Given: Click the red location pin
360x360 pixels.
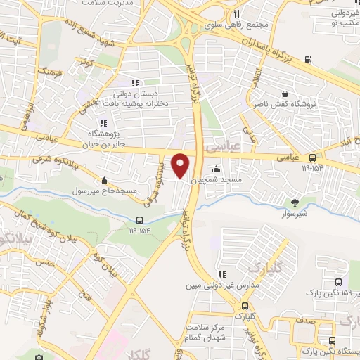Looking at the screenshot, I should click(x=181, y=165).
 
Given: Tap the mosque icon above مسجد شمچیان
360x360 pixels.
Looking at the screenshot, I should click(x=216, y=168).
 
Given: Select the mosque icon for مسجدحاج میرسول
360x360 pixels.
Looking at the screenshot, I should click(x=105, y=179).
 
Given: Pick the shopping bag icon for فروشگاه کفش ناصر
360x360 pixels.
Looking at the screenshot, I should click(x=285, y=94).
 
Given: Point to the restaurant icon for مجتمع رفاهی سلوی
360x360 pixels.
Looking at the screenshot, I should click(x=237, y=14).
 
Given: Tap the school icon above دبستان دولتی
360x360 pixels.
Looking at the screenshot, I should click(x=136, y=82).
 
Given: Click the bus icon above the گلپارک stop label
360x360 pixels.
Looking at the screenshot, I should click(x=245, y=307).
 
